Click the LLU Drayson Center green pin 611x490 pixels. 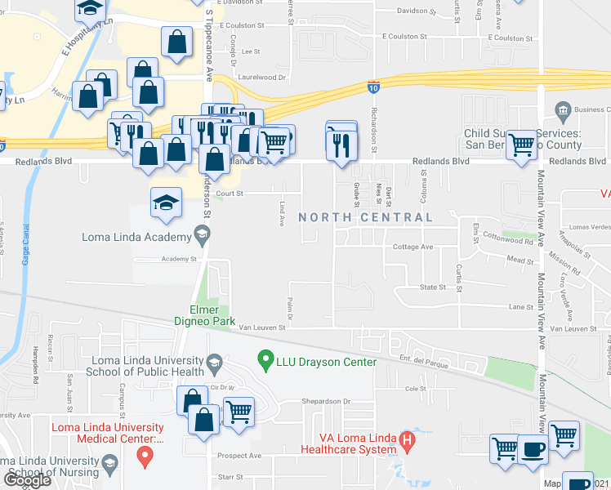(x=265, y=358)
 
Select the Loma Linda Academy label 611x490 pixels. (x=136, y=238)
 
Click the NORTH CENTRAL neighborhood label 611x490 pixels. (x=365, y=217)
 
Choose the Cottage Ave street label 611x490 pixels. (x=413, y=247)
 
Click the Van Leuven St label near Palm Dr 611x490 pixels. (x=261, y=327)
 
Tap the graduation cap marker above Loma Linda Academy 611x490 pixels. (x=166, y=203)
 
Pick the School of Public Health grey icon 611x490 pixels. (x=215, y=361)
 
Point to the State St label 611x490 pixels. (x=432, y=287)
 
